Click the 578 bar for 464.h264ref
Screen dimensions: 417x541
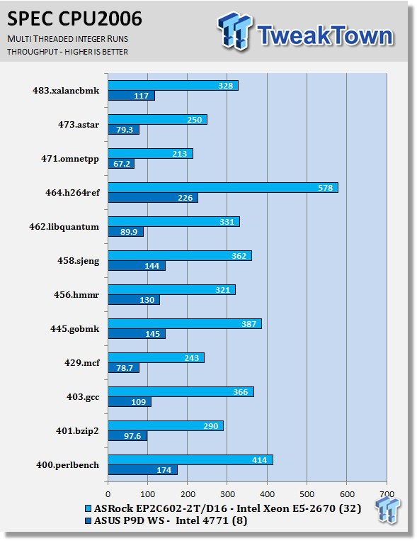223,188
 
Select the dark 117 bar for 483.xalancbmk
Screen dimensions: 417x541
131,96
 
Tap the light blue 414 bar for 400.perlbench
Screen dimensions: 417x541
190,460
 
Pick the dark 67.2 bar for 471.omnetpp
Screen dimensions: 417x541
121,164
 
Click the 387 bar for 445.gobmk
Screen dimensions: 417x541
185,323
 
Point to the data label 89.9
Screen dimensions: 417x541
129,232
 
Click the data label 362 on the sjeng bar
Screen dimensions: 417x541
239,256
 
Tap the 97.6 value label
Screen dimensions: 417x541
132,436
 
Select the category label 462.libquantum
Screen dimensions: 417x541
64,227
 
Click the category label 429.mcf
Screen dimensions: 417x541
82,363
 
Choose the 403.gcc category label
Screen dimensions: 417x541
83,397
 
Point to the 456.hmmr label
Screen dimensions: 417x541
76,295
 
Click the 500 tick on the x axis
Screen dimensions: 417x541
307,494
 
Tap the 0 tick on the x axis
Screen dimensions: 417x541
108,494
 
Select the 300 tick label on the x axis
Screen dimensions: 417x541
227,494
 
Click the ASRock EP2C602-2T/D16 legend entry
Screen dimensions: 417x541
223,508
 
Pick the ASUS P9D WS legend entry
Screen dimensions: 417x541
166,520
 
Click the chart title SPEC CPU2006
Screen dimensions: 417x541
74,18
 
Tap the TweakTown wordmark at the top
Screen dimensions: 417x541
325,35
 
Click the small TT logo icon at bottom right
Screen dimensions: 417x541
388,510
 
